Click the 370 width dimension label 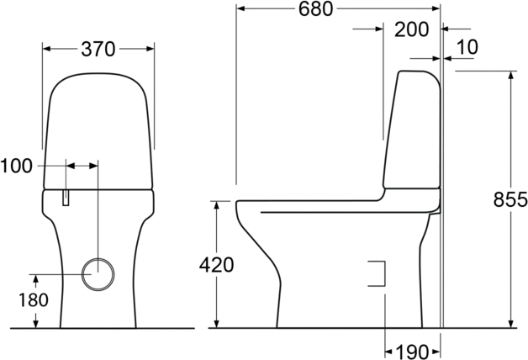pos(98,49)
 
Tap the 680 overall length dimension pos(315,9)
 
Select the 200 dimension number pos(411,29)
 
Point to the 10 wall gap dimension pos(467,47)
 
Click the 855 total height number pos(510,199)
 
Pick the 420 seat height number pos(216,265)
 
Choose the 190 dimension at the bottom pos(412,352)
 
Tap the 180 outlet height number pos(34,300)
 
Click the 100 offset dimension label pos(16,166)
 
